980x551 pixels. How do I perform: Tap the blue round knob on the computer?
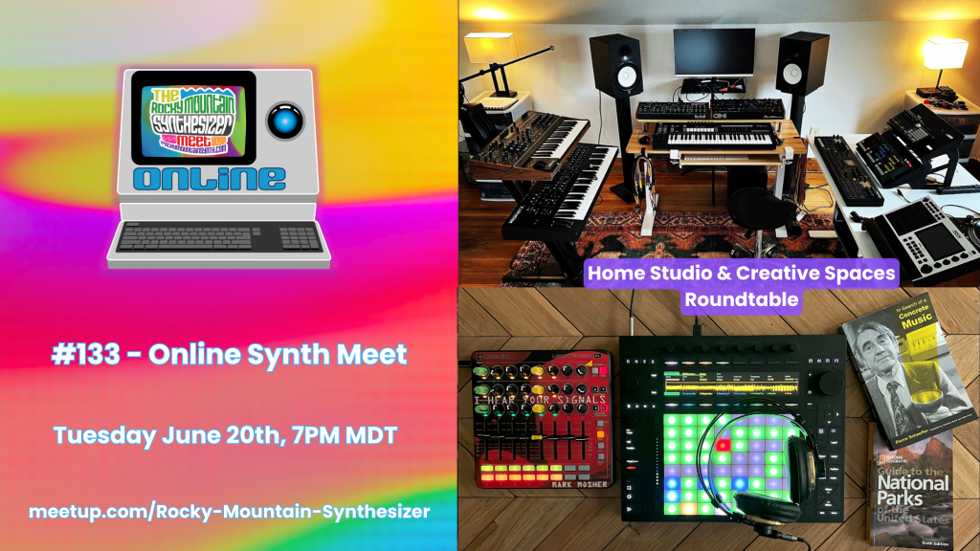(284, 118)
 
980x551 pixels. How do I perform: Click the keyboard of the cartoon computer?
(218, 236)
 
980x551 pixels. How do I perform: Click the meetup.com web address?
(229, 511)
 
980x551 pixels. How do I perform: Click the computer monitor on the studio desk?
(707, 53)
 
